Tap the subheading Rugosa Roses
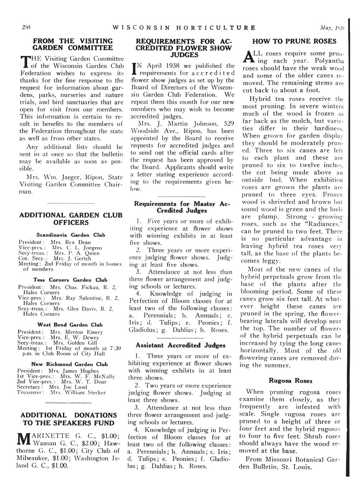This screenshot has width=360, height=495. point(290,381)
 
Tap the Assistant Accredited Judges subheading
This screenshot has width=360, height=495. point(180,345)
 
